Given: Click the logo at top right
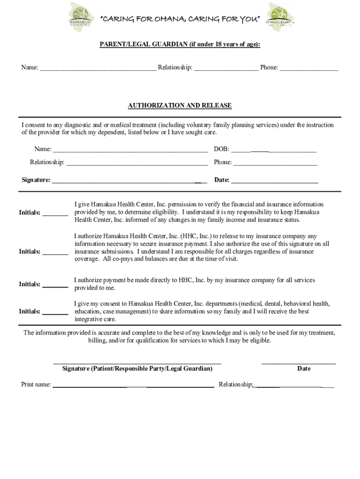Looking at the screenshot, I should click(280, 17).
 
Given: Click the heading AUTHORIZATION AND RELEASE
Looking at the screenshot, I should click(180, 106).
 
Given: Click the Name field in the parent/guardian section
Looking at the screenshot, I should click(98, 68).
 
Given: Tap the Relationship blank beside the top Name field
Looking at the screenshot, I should click(226, 68).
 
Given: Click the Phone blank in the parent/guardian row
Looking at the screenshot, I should click(309, 68).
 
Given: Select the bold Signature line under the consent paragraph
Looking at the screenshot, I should click(129, 181).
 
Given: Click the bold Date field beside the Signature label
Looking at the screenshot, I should click(274, 181).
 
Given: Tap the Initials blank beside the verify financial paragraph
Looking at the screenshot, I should click(55, 213).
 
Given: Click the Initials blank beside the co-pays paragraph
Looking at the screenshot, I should click(55, 253).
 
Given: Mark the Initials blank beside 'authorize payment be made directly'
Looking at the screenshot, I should click(55, 285).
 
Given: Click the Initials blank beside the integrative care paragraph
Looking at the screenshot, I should click(55, 312).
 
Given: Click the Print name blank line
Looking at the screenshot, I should click(133, 385).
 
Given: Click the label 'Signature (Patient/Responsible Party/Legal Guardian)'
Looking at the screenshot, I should click(137, 369).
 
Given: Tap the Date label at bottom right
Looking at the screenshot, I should click(303, 369).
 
